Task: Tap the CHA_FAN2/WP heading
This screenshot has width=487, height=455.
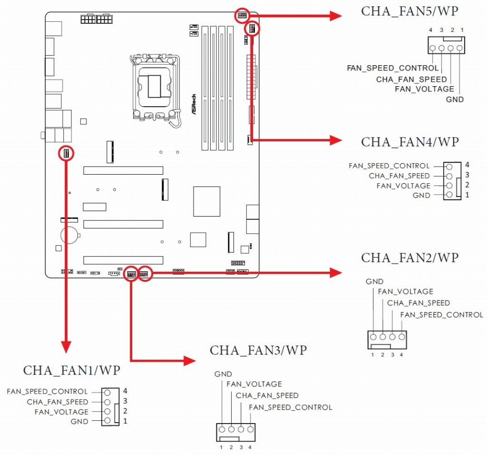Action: (409, 258)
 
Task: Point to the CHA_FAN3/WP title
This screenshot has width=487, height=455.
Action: (258, 351)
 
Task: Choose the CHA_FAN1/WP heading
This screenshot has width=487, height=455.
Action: (72, 370)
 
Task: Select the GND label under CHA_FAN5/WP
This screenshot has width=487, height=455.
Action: (455, 99)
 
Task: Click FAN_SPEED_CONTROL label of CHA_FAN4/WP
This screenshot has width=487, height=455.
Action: (389, 166)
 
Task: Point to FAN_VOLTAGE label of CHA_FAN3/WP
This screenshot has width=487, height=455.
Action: (254, 384)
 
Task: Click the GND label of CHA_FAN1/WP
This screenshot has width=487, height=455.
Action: (79, 421)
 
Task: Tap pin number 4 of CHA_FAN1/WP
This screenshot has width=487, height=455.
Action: (125, 391)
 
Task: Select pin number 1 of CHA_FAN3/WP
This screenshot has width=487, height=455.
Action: (221, 447)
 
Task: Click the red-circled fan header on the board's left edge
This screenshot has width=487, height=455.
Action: (66, 153)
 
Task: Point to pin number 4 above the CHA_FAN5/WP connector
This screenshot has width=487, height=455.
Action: (430, 30)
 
